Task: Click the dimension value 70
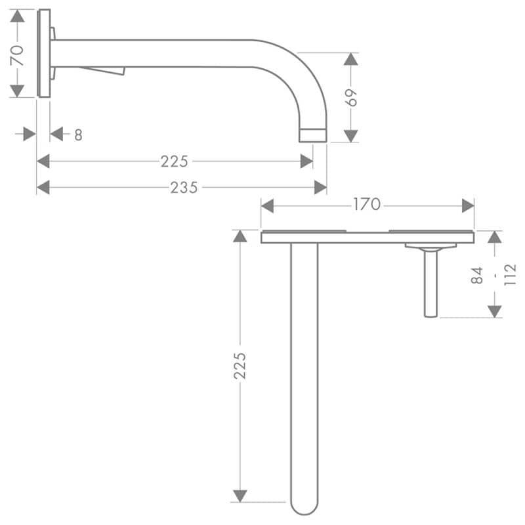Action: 17,56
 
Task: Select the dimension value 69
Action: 351,98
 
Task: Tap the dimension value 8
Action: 78,135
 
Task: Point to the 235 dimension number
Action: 184,188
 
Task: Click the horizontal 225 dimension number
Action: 174,161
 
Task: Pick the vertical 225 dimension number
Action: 240,366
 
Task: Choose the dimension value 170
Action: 367,204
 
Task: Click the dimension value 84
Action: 477,275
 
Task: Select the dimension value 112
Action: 510,274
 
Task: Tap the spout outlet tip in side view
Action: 313,135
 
